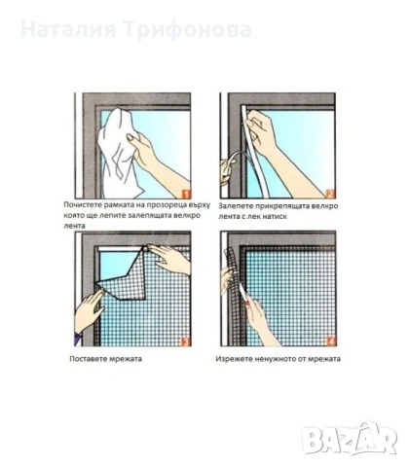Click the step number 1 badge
(x=185, y=194)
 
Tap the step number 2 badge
(x=329, y=194)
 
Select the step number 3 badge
(x=185, y=341)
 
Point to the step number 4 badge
(x=330, y=341)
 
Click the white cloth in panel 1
(x=119, y=153)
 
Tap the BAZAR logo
(x=350, y=438)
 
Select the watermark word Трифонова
(x=188, y=30)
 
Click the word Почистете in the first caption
(x=84, y=205)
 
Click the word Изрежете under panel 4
(x=232, y=359)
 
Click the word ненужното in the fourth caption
(x=274, y=359)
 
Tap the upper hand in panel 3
(x=170, y=258)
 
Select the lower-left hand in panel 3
(x=90, y=311)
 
